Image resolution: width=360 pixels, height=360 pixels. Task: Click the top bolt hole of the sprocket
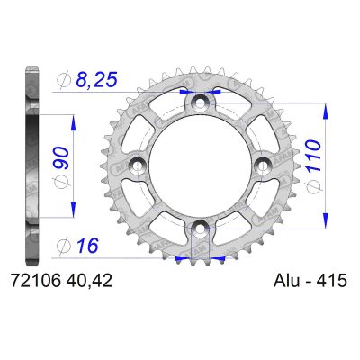[200, 103]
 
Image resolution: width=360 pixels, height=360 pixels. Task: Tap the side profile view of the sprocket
[33, 166]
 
